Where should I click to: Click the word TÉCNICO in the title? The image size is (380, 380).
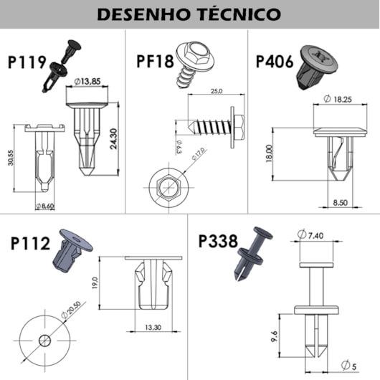tap(240, 14)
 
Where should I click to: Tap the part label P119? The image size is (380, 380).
tap(27, 62)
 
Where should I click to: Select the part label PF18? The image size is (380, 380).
tap(155, 61)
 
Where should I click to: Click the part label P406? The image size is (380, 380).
tap(275, 62)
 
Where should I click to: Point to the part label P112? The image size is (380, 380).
tap(30, 243)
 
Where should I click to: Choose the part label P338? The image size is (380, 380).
tap(218, 241)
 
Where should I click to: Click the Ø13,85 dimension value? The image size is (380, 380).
tap(87, 82)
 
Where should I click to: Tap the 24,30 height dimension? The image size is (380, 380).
tap(113, 139)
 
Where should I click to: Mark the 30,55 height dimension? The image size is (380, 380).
tap(11, 158)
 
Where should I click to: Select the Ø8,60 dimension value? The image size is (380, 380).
tap(45, 206)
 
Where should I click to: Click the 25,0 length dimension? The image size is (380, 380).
tap(217, 91)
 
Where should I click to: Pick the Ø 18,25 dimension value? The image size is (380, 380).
tap(338, 99)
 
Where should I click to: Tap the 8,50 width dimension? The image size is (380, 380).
tap(341, 203)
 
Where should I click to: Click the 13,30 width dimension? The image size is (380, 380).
tap(153, 328)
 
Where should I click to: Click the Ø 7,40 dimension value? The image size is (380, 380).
tap(310, 235)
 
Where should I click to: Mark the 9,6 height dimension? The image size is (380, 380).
tap(274, 336)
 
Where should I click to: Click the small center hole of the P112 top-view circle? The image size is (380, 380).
tap(45, 341)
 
